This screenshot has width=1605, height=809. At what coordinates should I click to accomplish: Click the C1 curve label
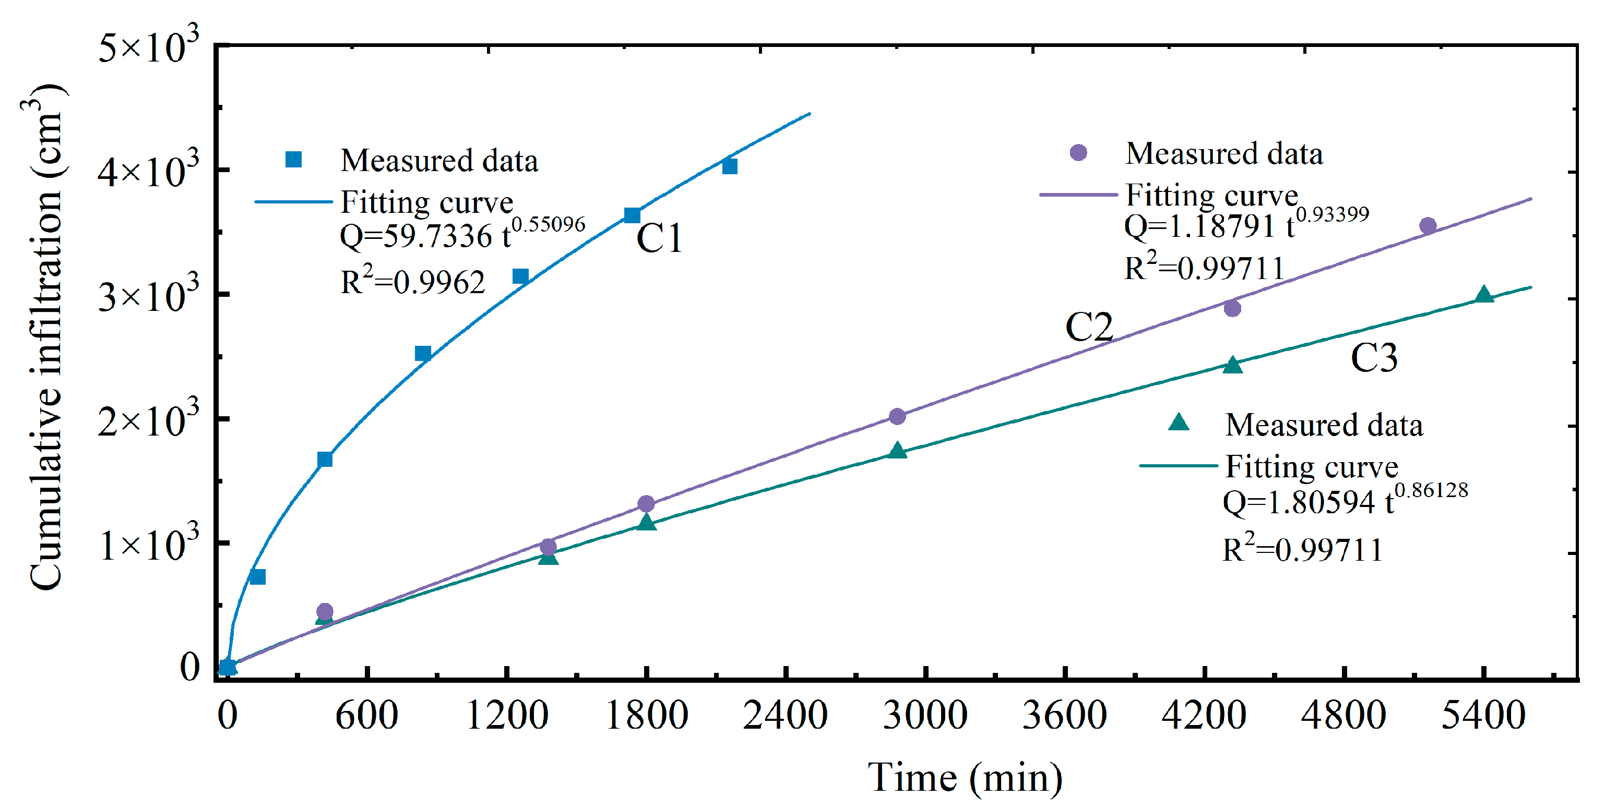(x=659, y=238)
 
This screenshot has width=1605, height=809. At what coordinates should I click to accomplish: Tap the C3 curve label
(x=1373, y=358)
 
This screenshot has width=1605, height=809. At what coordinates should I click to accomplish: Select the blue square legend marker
(x=293, y=160)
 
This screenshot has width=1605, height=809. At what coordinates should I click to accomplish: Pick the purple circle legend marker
(x=1078, y=153)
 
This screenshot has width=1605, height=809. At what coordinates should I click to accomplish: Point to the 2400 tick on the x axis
(x=786, y=715)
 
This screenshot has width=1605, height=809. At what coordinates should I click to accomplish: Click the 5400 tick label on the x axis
(x=1483, y=715)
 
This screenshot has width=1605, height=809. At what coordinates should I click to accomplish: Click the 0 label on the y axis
(x=189, y=667)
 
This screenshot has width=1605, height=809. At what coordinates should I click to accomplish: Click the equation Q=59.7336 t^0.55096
(x=461, y=235)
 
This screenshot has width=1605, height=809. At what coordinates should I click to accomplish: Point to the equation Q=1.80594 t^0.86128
(x=1345, y=501)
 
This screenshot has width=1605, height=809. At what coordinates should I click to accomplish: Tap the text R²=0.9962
(x=412, y=282)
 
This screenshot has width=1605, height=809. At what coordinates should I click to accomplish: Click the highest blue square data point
(x=730, y=166)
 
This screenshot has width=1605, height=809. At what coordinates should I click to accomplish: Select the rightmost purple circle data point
(x=1428, y=225)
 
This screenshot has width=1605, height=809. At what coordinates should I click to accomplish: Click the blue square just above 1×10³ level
(x=257, y=577)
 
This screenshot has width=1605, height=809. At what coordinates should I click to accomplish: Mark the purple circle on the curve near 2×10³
(x=897, y=416)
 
